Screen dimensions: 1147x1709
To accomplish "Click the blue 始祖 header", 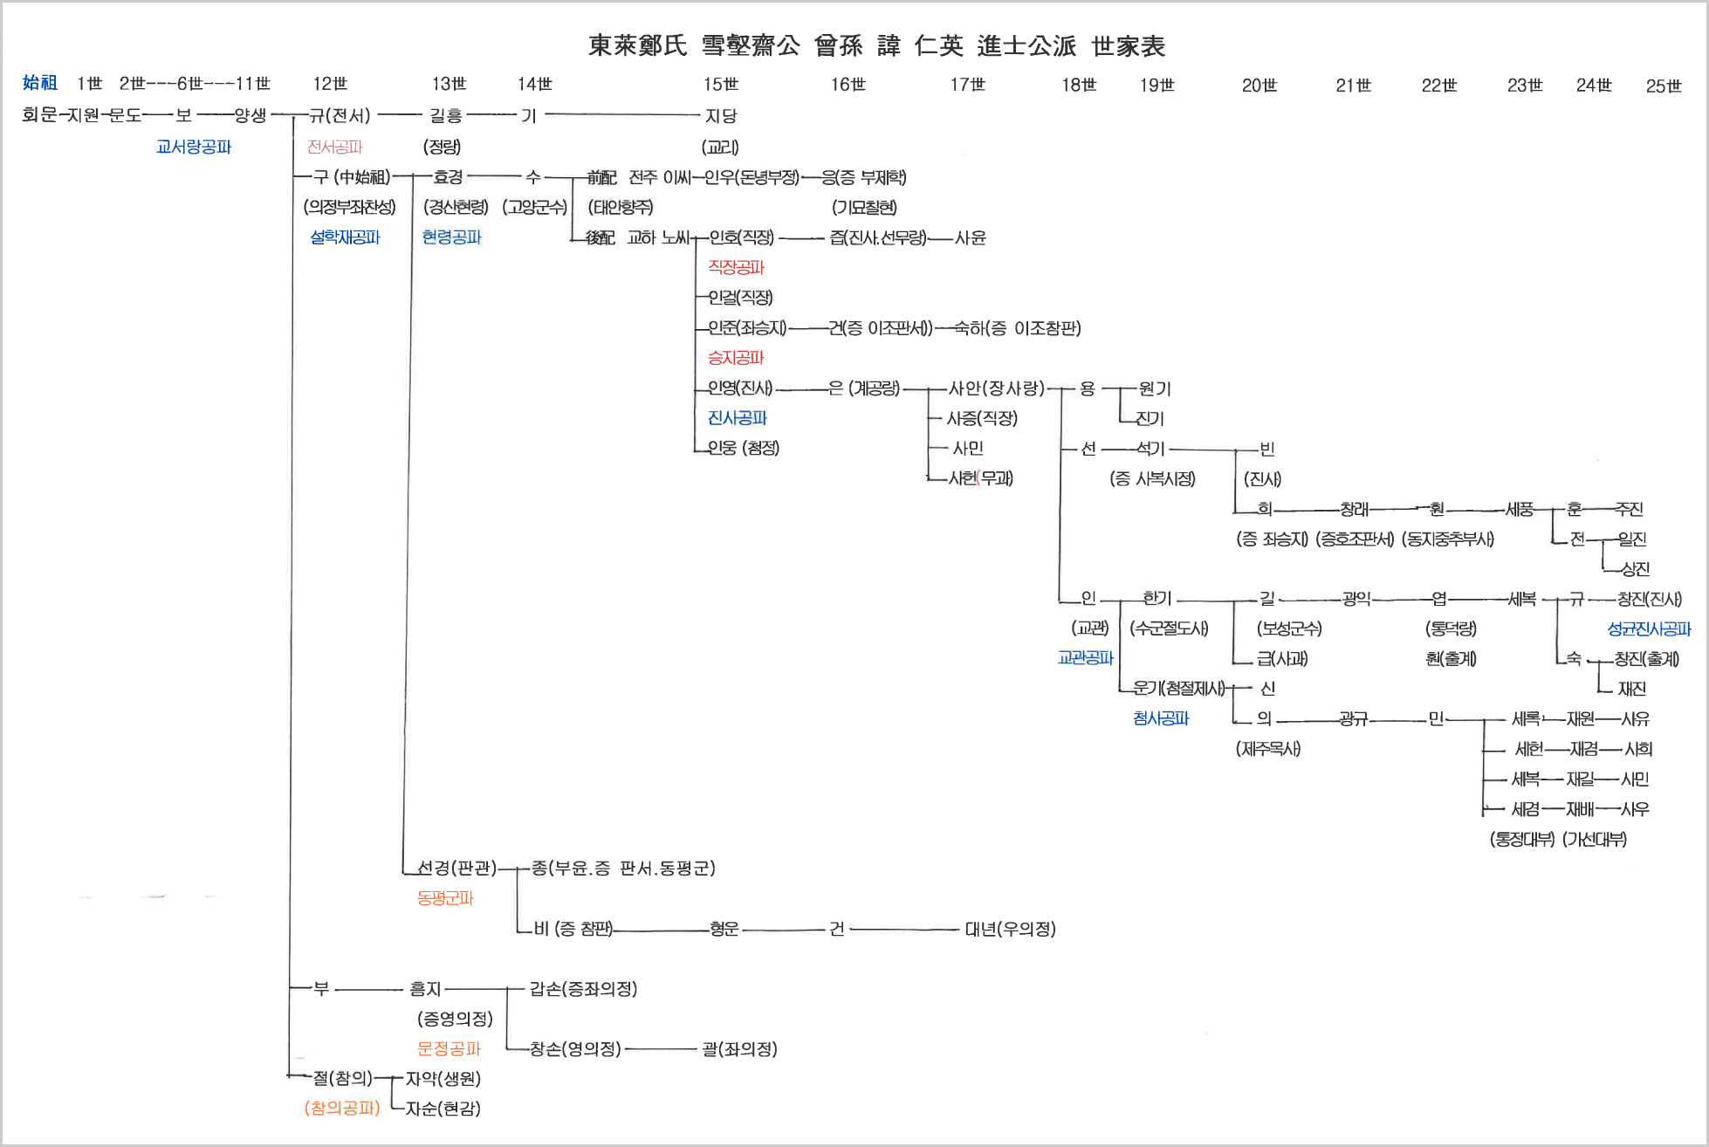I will coord(40,83).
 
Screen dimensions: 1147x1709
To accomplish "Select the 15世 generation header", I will coord(721,85).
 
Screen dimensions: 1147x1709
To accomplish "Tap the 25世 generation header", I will coord(1663,86).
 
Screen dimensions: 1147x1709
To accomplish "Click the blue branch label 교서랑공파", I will coord(194,147).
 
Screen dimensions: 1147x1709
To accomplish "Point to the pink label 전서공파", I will coord(334,147).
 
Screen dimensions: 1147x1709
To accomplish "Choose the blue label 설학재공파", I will coord(346,237).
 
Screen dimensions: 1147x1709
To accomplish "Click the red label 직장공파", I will coord(736,267).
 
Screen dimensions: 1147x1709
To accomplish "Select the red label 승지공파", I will coord(736,358).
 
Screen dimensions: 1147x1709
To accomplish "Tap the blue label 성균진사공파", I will coord(1649,628).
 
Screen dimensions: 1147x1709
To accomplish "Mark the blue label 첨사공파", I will coord(1161,718).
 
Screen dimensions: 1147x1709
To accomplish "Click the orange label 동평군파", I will coord(445,897).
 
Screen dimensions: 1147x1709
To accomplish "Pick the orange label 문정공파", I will coord(449,1048).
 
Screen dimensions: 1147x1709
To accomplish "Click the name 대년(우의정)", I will coord(1010,929).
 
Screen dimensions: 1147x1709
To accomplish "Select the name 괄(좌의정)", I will coord(739,1048).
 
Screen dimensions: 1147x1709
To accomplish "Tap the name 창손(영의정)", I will coord(575,1048).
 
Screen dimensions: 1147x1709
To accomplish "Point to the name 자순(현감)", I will coord(443,1109).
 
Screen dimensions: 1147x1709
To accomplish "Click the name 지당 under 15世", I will coord(721,116).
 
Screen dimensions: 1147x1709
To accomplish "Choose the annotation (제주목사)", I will coord(1267,749).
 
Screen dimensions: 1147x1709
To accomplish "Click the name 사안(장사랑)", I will coord(996,388).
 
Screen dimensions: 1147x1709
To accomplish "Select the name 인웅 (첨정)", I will coord(744,448).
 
